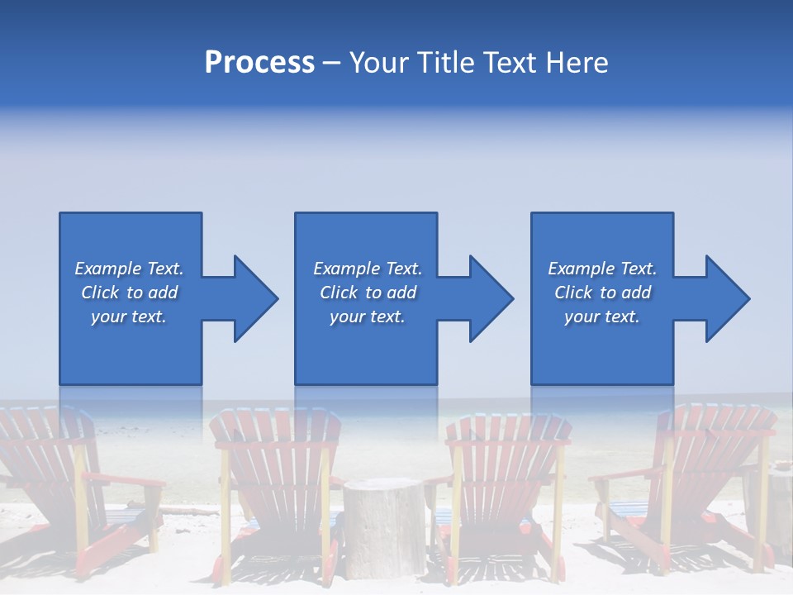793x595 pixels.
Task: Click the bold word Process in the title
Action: pos(259,63)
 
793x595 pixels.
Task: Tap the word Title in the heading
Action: pos(444,63)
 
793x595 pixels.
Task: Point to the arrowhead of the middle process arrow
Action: pos(490,298)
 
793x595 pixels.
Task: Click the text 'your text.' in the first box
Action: pos(129,317)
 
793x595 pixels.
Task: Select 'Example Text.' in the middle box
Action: pos(367,269)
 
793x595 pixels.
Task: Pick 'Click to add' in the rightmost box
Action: pos(602,293)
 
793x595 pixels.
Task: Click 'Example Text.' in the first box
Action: pos(129,269)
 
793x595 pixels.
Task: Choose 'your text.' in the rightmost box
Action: pos(602,317)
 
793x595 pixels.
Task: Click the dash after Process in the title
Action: pos(331,64)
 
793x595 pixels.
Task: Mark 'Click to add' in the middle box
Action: pos(367,293)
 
